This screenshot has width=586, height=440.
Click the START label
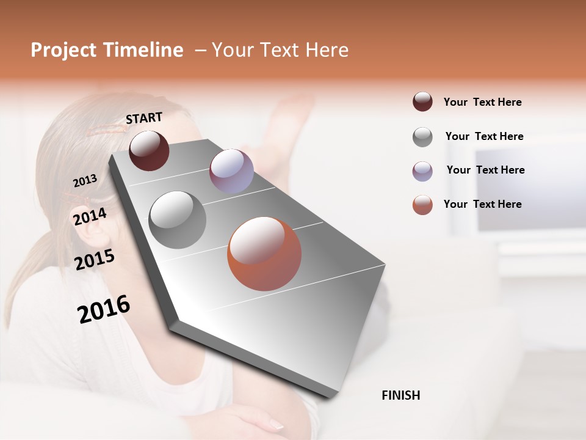(x=144, y=118)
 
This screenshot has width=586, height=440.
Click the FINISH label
(x=400, y=395)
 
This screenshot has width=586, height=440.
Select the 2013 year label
(x=85, y=180)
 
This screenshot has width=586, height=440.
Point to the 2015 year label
(x=95, y=260)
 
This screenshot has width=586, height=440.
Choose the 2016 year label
(x=104, y=309)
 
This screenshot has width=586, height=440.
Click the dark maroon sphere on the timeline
(x=149, y=150)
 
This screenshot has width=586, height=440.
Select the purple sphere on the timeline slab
(x=231, y=170)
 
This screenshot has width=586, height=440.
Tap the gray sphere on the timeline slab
(x=177, y=220)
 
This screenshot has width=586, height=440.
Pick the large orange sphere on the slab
(x=264, y=254)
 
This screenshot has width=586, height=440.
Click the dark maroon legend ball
(x=422, y=102)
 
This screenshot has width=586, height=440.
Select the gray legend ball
(x=422, y=137)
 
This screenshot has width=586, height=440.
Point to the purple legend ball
(x=422, y=171)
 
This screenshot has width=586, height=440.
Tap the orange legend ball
(x=422, y=205)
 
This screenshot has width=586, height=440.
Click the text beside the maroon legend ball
(x=482, y=103)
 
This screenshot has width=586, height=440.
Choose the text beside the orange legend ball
(x=482, y=204)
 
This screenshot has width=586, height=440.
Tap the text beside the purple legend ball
(x=485, y=170)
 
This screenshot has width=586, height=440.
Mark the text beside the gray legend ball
(x=484, y=136)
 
